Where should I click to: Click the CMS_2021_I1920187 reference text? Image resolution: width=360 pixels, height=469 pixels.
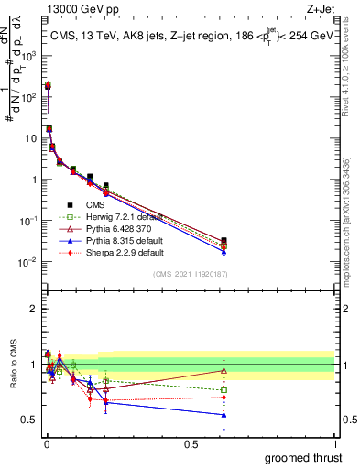(189, 274)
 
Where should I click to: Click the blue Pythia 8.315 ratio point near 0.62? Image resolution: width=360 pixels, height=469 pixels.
(224, 415)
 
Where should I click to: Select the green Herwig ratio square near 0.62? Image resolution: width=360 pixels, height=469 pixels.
(224, 390)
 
